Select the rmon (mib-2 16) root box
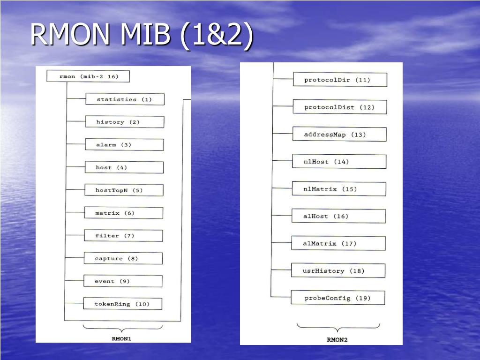pos(88,76)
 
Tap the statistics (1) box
pos(125,99)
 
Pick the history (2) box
pos(125,122)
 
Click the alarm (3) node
pos(124,144)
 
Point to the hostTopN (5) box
pos(124,190)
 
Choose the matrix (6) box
pos(124,213)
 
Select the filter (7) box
pos(123,236)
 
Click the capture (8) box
pos(123,258)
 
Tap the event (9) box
pos(123,281)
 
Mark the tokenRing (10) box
pos(123,304)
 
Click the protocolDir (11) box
pos(340,80)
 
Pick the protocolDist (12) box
pos(340,107)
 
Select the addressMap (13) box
pos(339,134)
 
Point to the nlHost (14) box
pos(339,161)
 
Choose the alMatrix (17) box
pos(338,243)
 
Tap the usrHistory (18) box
pos(338,270)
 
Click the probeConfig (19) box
pos(338,298)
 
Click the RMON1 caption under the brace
pos(121,338)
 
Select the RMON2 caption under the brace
pos(337,339)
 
